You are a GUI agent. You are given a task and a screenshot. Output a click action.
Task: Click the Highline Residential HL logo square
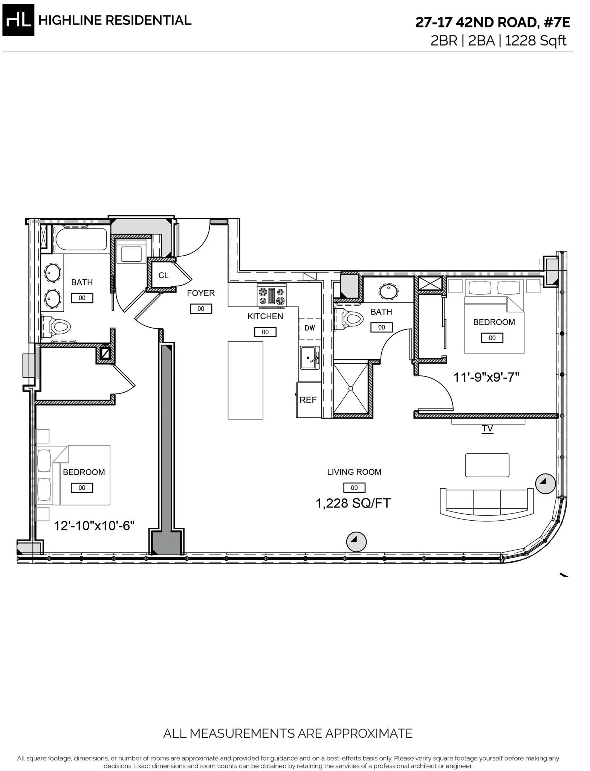18,20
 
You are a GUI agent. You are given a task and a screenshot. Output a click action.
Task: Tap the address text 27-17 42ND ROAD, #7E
492,23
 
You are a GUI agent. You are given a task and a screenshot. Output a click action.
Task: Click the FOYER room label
201,293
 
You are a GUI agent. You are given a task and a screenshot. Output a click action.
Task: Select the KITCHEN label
265,316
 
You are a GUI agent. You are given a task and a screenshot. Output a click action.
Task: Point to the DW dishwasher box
310,328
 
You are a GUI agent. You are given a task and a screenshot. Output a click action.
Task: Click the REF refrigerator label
308,400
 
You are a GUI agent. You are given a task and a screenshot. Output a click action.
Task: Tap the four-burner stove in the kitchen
272,296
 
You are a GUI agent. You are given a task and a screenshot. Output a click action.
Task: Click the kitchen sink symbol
310,358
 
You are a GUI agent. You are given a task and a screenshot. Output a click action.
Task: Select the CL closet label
163,276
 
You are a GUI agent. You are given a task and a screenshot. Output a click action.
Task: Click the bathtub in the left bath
80,239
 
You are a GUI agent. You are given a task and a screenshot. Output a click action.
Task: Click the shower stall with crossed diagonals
351,387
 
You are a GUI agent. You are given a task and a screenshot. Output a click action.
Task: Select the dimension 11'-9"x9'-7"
486,377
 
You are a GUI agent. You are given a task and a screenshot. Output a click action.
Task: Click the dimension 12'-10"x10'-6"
94,525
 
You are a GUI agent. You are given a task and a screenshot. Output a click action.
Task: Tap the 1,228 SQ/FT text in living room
353,503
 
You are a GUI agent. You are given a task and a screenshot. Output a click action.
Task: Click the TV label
487,428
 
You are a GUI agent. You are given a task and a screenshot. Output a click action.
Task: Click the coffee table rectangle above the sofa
487,465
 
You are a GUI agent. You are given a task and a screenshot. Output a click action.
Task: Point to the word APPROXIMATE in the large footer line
368,733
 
